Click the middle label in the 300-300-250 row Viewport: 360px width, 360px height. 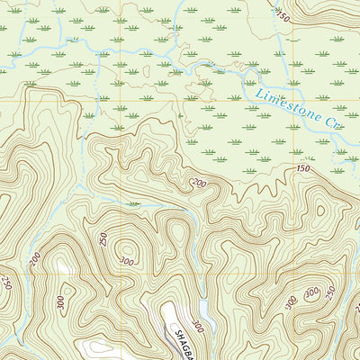pos(312,293)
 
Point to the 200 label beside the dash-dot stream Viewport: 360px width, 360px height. pos(34,260)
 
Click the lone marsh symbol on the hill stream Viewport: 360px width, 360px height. pos(134,204)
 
